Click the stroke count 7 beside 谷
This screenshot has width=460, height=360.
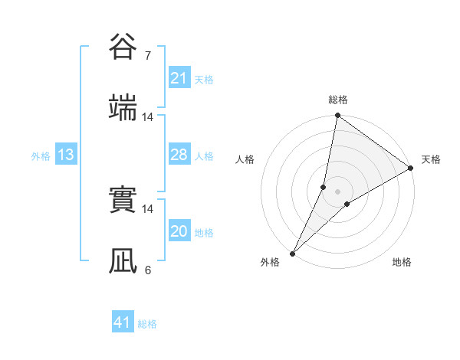tap(148, 55)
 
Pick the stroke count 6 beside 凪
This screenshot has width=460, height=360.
tap(148, 270)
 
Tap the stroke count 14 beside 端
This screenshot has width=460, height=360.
tap(148, 117)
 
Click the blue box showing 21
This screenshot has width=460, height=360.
tap(179, 78)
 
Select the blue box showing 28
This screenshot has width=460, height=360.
tap(179, 155)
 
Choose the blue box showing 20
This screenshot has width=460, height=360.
tap(179, 231)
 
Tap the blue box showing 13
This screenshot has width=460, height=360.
tap(66, 155)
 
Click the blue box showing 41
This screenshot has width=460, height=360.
tap(123, 322)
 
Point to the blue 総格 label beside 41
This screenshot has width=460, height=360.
tap(147, 324)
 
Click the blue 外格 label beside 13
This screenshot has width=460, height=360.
tap(41, 156)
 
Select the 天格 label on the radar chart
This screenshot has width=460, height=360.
tap(431, 159)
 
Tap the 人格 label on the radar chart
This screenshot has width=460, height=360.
tap(246, 159)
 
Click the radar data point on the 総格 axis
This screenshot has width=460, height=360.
tap(337, 116)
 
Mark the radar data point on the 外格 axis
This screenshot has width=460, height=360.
tap(292, 253)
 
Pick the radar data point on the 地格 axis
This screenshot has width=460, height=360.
tap(347, 203)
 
